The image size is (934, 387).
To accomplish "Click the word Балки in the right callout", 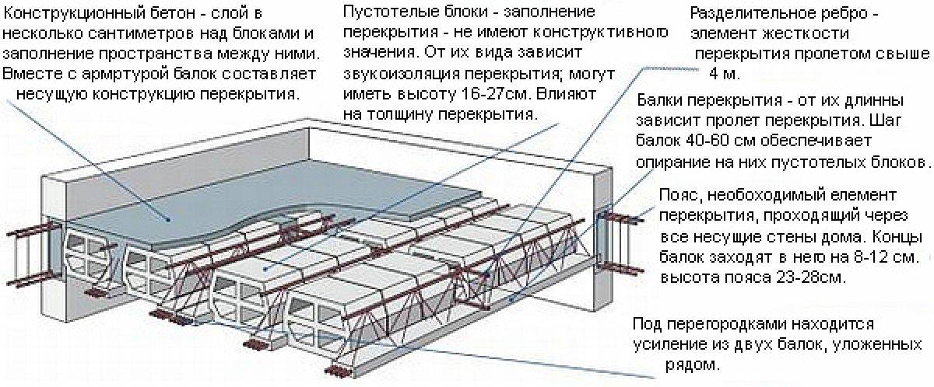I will [661, 102].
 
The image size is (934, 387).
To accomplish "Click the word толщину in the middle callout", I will [398, 114].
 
